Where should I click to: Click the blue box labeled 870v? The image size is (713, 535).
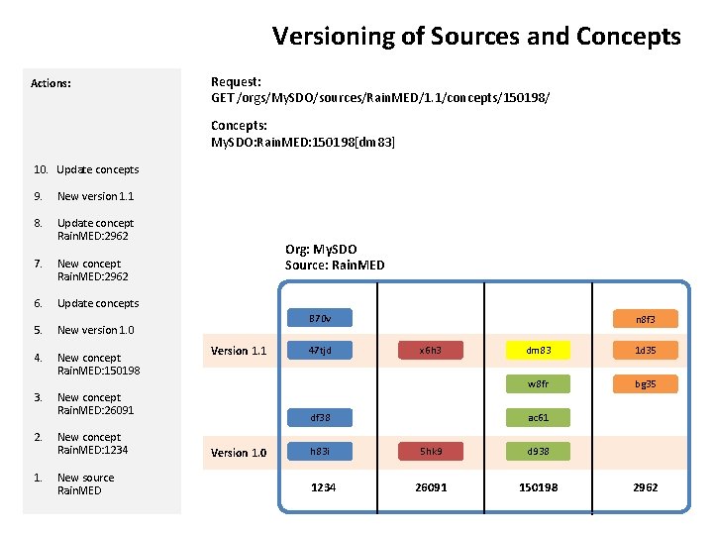point(319,319)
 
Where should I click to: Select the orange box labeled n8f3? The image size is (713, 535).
point(646,319)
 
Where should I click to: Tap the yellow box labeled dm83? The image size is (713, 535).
point(539,350)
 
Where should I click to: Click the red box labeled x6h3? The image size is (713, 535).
point(430,350)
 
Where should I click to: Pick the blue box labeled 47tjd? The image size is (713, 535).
point(319,350)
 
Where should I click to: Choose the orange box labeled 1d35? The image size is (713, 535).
point(646,350)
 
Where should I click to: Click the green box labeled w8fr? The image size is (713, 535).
point(539,383)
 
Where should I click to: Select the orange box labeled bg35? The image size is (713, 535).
point(646,383)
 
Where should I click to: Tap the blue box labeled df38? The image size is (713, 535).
point(319,417)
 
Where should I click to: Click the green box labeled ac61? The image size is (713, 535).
point(539,417)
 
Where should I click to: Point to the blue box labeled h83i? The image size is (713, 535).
point(319,451)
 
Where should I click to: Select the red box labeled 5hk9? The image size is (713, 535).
point(430,451)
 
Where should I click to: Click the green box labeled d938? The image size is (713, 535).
point(539,451)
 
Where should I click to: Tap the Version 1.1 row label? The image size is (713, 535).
point(239,351)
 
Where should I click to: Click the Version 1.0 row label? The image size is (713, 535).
point(239,453)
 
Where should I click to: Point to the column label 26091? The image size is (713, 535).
point(431,487)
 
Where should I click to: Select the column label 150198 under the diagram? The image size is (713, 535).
point(539,487)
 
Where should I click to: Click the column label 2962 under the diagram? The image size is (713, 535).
point(646,487)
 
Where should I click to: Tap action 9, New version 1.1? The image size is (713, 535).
point(95,196)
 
